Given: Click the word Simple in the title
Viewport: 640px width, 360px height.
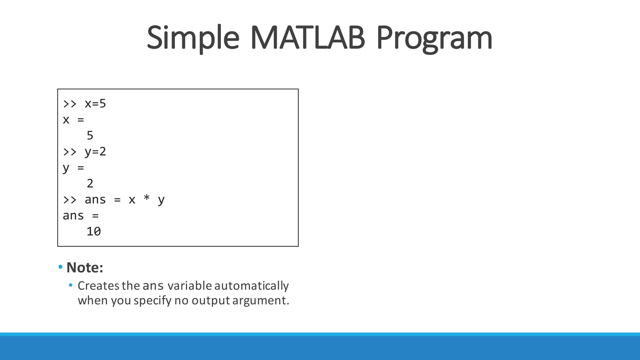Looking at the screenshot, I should [193, 38].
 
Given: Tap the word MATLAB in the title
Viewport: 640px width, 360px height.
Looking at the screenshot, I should [307, 38].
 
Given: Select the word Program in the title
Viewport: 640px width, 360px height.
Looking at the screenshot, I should [434, 38].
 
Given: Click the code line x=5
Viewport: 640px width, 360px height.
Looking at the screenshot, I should [95, 104].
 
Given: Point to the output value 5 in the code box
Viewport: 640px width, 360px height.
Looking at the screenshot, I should [90, 136].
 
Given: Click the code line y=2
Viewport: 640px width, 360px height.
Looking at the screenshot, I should [95, 152].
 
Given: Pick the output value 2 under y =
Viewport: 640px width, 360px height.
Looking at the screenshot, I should [90, 183].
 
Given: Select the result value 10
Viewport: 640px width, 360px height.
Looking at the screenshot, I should [94, 232].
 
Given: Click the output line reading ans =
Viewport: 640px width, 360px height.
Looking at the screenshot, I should [81, 216].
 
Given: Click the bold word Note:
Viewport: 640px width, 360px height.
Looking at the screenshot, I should [85, 267].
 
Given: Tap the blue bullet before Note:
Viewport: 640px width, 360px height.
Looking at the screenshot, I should [60, 267].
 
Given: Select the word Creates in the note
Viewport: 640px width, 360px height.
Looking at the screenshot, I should [98, 286].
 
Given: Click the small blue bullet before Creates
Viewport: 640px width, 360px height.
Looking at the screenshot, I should [71, 285].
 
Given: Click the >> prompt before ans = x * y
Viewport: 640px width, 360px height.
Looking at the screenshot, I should [70, 200].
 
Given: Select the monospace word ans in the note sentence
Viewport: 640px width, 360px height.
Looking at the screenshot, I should [153, 286].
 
